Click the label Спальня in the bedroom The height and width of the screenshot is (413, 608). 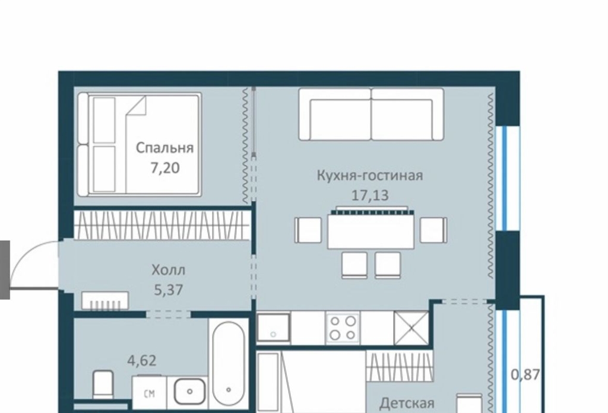[x=164, y=148]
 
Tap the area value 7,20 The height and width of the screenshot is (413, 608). [x=165, y=168]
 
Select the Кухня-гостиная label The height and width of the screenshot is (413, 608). [x=370, y=175]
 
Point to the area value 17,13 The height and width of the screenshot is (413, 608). [x=369, y=195]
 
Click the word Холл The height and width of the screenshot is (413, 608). [x=168, y=269]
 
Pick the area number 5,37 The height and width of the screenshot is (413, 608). [x=168, y=290]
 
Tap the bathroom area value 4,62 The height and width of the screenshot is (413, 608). [x=142, y=360]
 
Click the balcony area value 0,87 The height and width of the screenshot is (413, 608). [x=525, y=374]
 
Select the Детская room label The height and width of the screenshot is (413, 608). [x=407, y=404]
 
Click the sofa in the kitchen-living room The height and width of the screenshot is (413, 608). [x=371, y=115]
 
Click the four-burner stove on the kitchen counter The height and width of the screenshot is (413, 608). [x=343, y=328]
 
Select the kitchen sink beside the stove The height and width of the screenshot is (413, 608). [x=273, y=328]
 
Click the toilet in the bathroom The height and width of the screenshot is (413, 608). [x=103, y=383]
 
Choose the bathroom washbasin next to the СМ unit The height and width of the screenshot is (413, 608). [x=189, y=392]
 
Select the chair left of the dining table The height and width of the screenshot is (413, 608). [x=308, y=230]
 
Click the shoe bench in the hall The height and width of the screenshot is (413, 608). [x=105, y=301]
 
